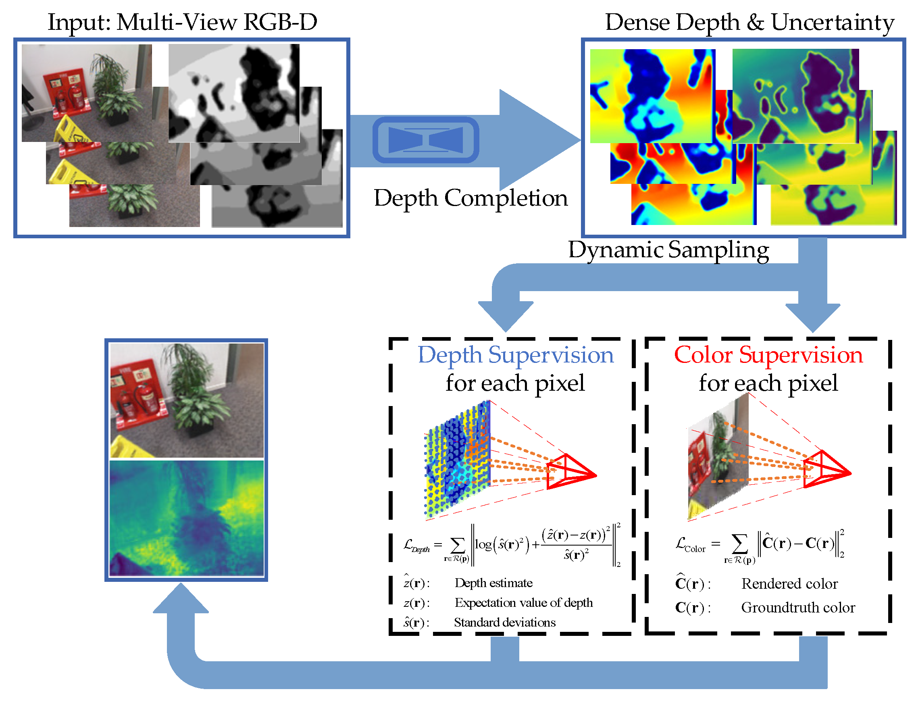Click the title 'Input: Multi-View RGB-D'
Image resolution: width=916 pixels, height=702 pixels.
pyautogui.click(x=182, y=22)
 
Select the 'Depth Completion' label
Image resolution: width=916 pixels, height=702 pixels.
pyautogui.click(x=470, y=198)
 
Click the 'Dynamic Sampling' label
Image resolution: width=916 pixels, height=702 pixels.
pyautogui.click(x=668, y=250)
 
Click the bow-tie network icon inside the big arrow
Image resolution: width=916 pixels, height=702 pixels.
pyautogui.click(x=425, y=140)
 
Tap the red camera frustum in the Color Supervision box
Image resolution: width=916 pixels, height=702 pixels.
pyautogui.click(x=825, y=469)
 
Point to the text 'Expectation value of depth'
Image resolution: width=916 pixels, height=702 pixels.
pyautogui.click(x=523, y=603)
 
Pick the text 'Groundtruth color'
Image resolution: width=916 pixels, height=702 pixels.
pyautogui.click(x=797, y=608)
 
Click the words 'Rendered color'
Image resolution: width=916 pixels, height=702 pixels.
pyautogui.click(x=789, y=584)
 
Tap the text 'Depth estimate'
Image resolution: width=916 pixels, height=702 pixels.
pyautogui.click(x=493, y=583)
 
